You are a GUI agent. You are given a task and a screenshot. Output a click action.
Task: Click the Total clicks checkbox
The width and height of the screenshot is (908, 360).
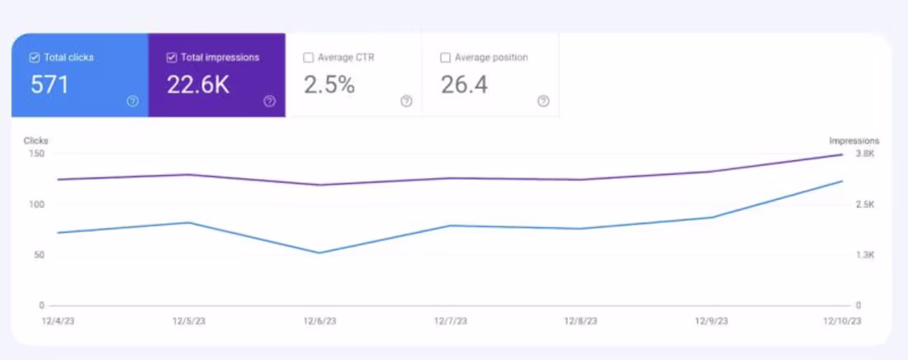click(34, 58)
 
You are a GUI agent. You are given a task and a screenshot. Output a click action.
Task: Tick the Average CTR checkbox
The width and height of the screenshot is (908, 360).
click(308, 58)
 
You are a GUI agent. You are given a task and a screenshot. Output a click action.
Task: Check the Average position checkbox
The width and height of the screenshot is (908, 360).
click(446, 58)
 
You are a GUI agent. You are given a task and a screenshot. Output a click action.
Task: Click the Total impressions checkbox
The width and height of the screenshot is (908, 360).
click(172, 58)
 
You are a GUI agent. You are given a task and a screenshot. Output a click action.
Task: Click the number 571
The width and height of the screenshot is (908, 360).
click(50, 84)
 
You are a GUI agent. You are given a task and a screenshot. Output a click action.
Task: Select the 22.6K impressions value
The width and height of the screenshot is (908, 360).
click(198, 84)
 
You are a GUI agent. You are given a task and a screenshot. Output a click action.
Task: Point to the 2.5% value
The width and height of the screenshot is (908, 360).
click(329, 84)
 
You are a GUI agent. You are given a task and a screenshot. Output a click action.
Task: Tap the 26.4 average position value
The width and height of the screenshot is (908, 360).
click(463, 84)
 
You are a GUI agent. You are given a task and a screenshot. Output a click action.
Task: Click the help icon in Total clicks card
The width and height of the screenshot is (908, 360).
click(132, 101)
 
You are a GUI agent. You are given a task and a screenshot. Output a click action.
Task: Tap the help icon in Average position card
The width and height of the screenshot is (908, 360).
click(543, 101)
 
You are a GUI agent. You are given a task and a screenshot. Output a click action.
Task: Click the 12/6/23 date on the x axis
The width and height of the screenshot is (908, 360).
click(319, 320)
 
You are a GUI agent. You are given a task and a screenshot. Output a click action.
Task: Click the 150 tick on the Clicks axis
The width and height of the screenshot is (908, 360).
click(36, 154)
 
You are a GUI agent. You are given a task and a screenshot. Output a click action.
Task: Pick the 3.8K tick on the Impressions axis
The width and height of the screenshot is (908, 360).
click(864, 154)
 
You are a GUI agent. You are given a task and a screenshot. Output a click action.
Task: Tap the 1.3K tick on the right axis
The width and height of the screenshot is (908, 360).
click(864, 255)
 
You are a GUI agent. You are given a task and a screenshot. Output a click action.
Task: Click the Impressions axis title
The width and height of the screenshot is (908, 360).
click(854, 141)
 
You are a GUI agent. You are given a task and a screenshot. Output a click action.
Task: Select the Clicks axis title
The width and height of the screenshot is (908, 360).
click(36, 141)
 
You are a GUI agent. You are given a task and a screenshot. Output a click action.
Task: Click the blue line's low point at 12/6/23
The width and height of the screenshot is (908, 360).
click(319, 253)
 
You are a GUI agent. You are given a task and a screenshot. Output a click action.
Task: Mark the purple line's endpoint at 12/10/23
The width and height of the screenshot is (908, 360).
click(842, 154)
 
